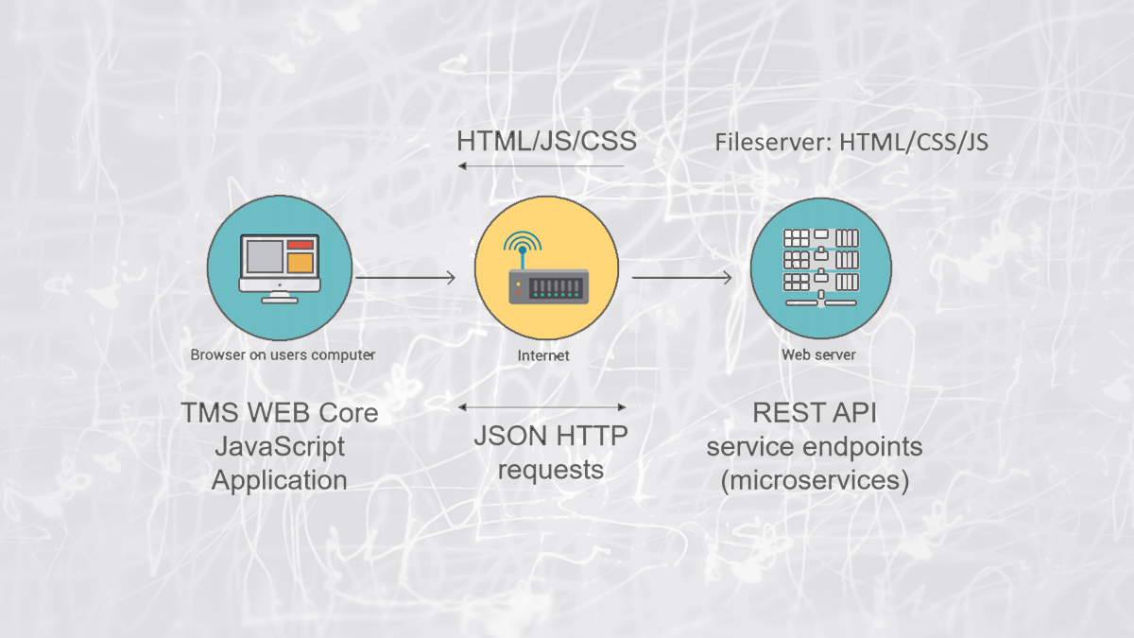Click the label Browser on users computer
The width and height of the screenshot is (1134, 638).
283,355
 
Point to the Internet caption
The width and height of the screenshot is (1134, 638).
543,356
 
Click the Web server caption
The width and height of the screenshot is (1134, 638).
818,355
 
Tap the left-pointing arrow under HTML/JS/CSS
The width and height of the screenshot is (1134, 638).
541,166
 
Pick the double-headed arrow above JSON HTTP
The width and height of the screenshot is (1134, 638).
541,407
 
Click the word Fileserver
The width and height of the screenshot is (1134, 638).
771,143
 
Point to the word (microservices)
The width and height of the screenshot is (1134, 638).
815,479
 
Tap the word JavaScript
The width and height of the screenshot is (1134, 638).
280,446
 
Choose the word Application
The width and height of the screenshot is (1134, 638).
280,479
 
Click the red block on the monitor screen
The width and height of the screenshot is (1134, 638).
300,245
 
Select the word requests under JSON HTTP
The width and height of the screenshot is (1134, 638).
550,470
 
